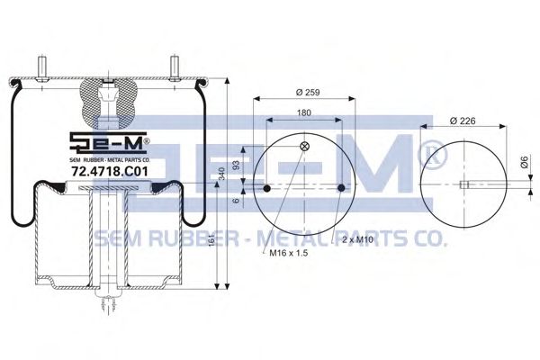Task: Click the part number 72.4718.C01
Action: [x=109, y=171]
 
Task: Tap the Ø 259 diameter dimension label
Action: [x=308, y=93]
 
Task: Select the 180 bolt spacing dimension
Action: [x=304, y=112]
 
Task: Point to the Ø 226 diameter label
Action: [x=463, y=121]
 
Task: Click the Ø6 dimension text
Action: [x=524, y=162]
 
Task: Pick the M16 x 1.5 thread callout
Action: [x=288, y=253]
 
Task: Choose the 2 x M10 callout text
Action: [x=358, y=239]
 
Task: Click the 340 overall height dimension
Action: [x=221, y=174]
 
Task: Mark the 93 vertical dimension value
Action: [x=236, y=166]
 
